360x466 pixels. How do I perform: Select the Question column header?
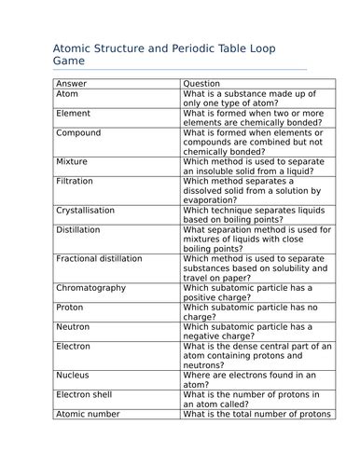(x=201, y=84)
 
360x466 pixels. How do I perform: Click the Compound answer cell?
(x=78, y=133)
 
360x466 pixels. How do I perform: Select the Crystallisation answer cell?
(x=87, y=210)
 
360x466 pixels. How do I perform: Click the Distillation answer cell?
(x=79, y=229)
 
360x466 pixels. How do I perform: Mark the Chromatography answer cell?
(x=90, y=288)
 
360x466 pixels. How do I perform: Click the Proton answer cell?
(x=70, y=307)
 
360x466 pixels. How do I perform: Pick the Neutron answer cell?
(x=73, y=327)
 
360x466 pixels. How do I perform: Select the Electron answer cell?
(x=74, y=346)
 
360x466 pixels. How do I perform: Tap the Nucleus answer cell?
(x=73, y=375)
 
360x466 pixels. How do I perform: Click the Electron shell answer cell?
(x=83, y=394)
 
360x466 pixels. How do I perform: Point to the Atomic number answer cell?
(x=87, y=414)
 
